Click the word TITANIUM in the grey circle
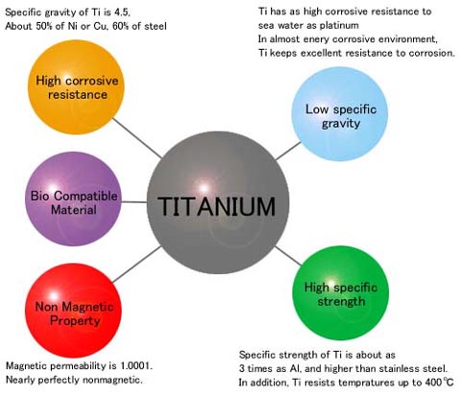tap(216, 206)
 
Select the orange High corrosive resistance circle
tap(76, 87)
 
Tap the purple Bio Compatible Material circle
tap(73, 199)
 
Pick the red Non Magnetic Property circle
tap(73, 310)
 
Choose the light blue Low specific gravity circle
tap(340, 113)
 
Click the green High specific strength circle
tap(341, 293)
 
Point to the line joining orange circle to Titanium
tap(137, 138)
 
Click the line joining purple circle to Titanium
tap(134, 202)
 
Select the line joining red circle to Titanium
tap(137, 264)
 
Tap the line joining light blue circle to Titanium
tap(288, 151)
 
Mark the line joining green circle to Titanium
tap(288, 256)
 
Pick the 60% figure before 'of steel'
tap(121, 26)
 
